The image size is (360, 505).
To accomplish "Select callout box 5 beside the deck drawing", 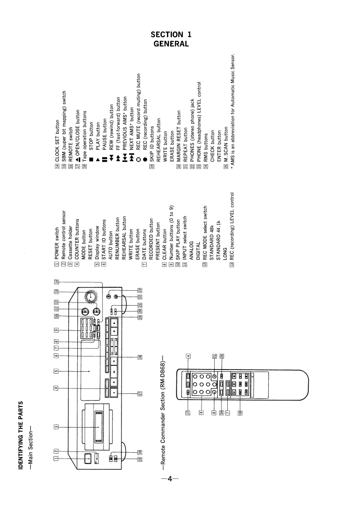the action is tap(55, 372).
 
